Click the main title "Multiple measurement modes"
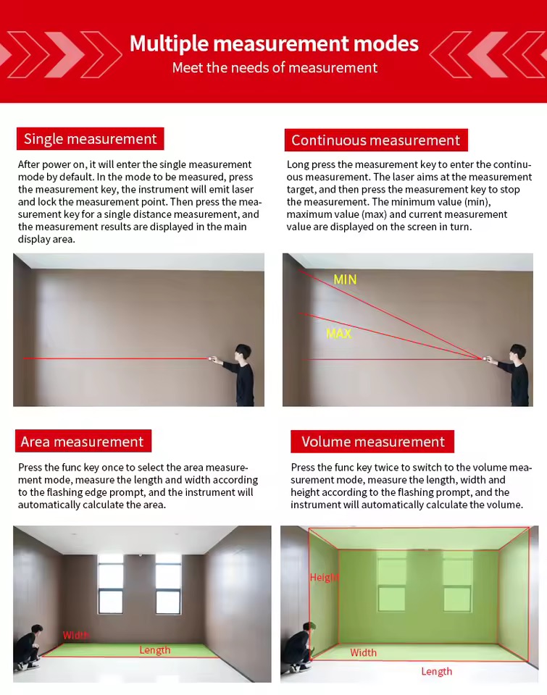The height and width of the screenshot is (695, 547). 274,43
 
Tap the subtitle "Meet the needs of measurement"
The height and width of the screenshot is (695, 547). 275,68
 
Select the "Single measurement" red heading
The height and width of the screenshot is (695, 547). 91,139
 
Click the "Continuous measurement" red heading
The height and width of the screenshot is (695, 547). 375,140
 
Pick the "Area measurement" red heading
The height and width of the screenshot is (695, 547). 82,442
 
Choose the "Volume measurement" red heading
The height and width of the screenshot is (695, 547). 372,442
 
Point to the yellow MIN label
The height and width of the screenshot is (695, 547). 345,279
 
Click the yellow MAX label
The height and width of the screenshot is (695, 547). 339,334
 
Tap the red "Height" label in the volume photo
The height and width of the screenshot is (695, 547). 324,578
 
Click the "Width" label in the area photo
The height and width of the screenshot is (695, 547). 76,635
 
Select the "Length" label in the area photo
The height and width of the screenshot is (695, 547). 155,650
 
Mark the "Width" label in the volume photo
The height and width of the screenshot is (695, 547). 363,653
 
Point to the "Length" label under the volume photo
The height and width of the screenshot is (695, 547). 436,672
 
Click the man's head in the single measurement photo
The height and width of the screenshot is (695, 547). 243,352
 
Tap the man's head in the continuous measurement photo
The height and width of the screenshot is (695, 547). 517,352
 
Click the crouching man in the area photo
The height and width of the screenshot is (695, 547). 29,646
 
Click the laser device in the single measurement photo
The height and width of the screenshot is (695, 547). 214,358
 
